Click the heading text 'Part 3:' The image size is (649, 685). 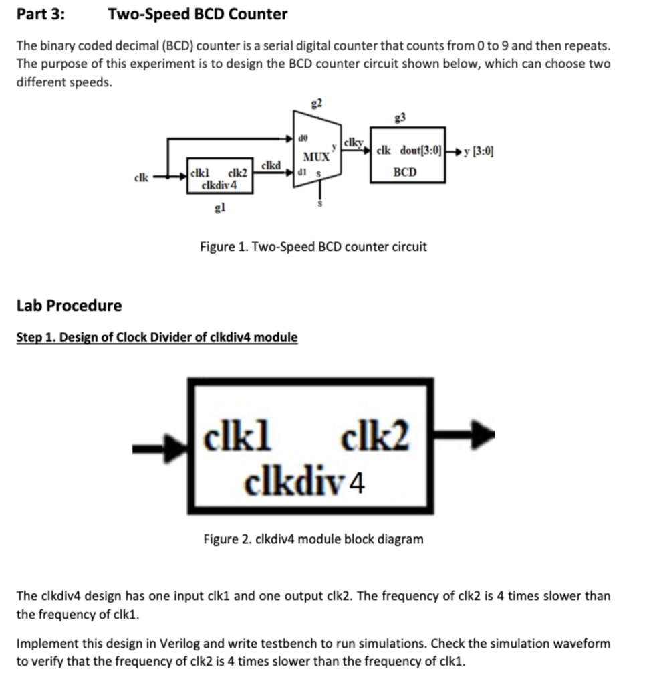(x=41, y=14)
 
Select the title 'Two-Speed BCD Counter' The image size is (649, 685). (x=198, y=14)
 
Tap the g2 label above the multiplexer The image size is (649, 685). (x=317, y=102)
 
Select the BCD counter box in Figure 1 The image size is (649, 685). (x=408, y=155)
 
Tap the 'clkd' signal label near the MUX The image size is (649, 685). (x=271, y=165)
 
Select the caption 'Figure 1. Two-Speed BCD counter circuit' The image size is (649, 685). (x=313, y=246)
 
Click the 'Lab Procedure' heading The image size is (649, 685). (x=69, y=306)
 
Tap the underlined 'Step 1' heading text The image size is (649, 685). (x=157, y=337)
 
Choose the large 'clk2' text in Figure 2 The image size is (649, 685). (x=374, y=439)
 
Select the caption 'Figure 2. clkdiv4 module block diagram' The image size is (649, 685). (x=313, y=539)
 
